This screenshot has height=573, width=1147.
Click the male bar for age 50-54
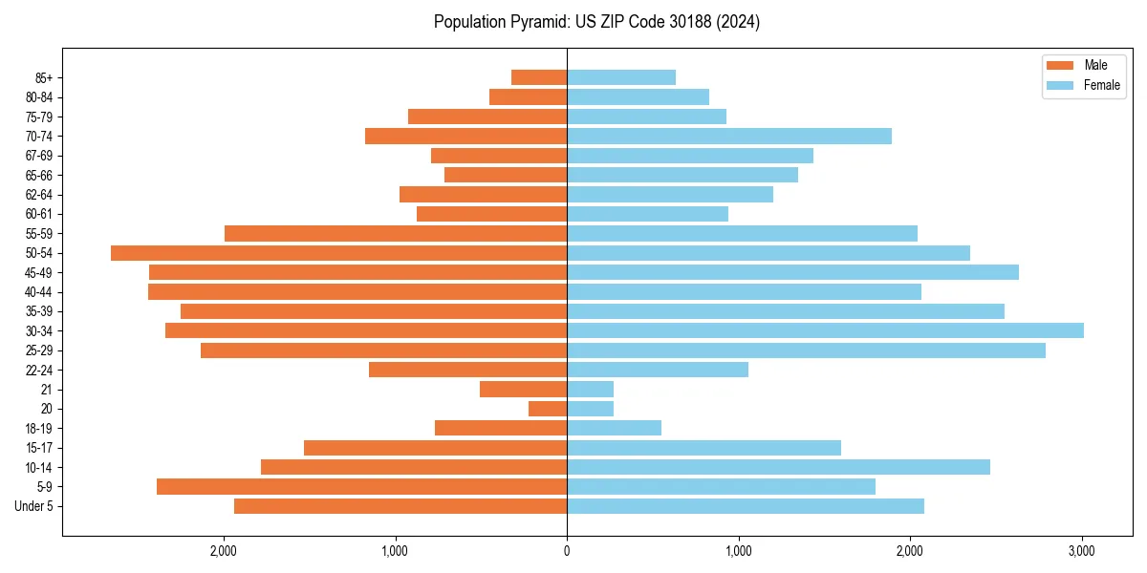pyautogui.click(x=338, y=253)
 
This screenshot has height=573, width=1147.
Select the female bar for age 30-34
pyautogui.click(x=825, y=330)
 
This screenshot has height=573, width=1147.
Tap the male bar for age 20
pyautogui.click(x=548, y=409)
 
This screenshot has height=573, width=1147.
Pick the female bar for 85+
pyautogui.click(x=621, y=77)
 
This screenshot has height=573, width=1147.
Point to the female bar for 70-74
pyautogui.click(x=729, y=137)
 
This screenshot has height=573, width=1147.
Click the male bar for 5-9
pyautogui.click(x=361, y=487)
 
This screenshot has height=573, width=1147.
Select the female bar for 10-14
pyautogui.click(x=778, y=467)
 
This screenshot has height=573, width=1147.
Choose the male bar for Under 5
pyautogui.click(x=400, y=506)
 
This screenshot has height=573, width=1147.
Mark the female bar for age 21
pyautogui.click(x=590, y=390)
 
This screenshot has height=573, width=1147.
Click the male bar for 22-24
pyautogui.click(x=467, y=370)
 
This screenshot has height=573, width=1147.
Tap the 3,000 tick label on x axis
pyautogui.click(x=1082, y=551)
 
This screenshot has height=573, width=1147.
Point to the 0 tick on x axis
pyautogui.click(x=567, y=551)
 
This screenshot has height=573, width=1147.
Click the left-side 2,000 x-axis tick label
pyautogui.click(x=223, y=551)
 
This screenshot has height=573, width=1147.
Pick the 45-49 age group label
pyautogui.click(x=39, y=272)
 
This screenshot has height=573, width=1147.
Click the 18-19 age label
pyautogui.click(x=39, y=429)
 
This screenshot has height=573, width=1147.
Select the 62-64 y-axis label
pyautogui.click(x=39, y=195)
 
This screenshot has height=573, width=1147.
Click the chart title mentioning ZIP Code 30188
pyautogui.click(x=596, y=22)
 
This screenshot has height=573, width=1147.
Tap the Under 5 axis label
pyautogui.click(x=34, y=506)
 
